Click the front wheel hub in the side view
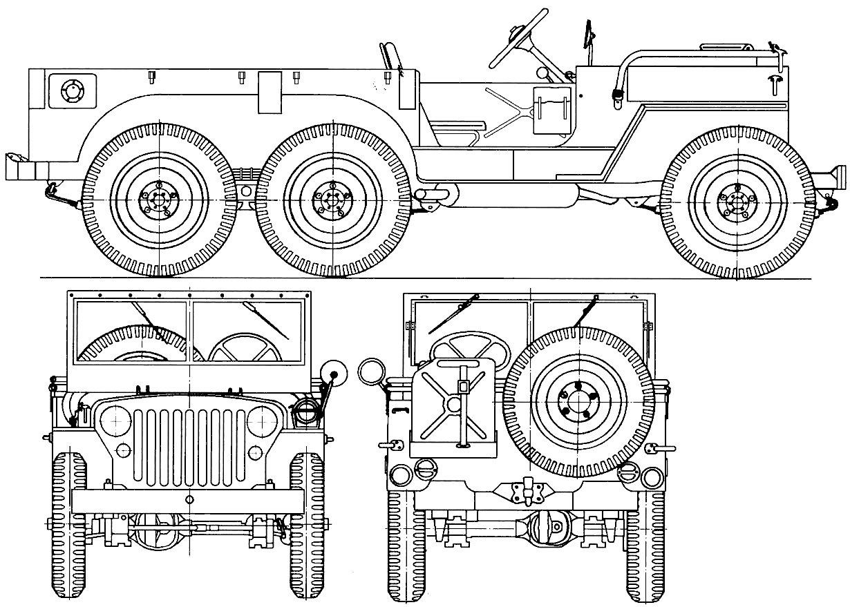point(737,201)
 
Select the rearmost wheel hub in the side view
point(158,201)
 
